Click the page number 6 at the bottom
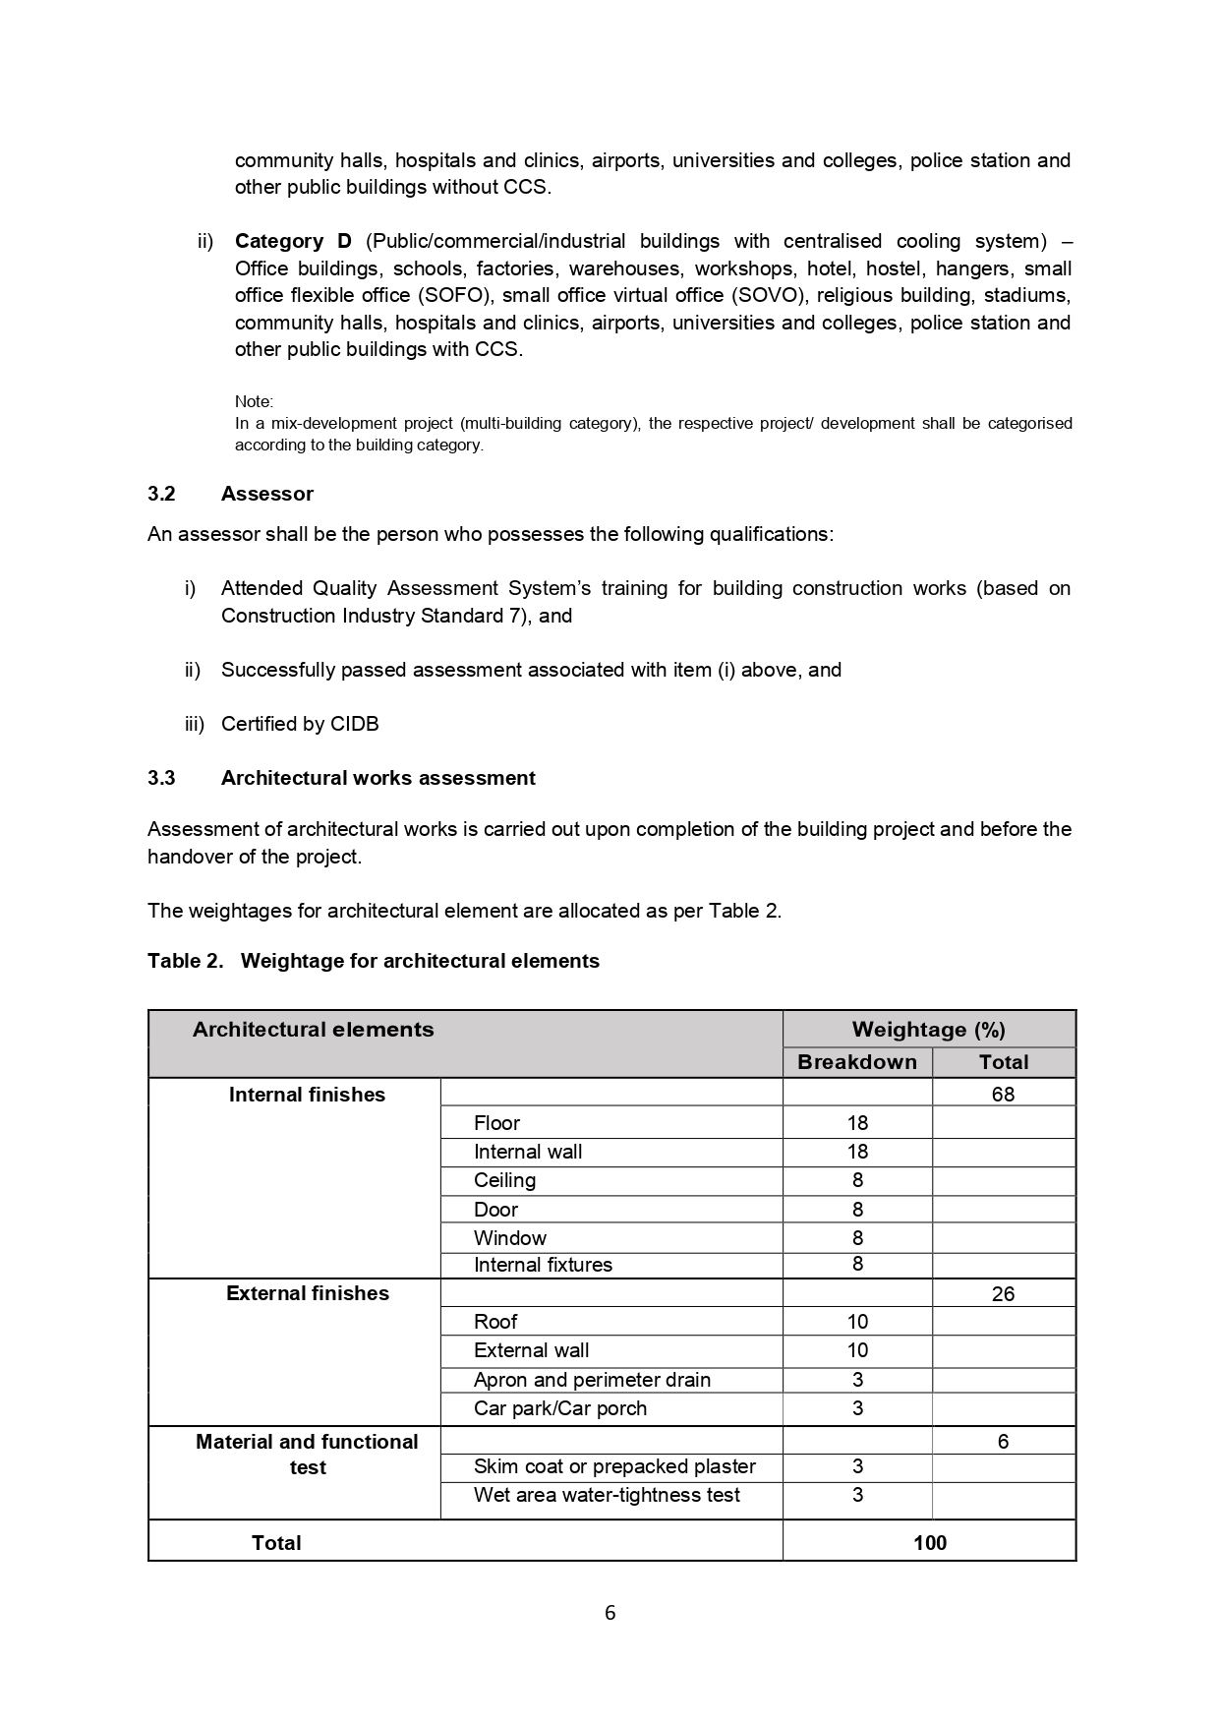[x=610, y=1613]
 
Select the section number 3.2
[x=161, y=494]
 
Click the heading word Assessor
[x=267, y=494]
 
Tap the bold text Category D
[x=293, y=241]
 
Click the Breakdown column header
[x=856, y=1062]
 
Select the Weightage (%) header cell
[x=928, y=1030]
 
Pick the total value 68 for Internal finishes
[x=1003, y=1095]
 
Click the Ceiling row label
[x=504, y=1180]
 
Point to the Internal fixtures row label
[x=543, y=1265]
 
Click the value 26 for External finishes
[x=1003, y=1294]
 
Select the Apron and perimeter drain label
[x=592, y=1380]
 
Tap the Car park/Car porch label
[x=560, y=1408]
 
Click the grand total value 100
[x=929, y=1543]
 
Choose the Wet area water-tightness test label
[x=607, y=1495]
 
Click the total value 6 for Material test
[x=1003, y=1442]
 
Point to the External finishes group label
[x=308, y=1293]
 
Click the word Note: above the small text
[x=254, y=401]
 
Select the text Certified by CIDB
[x=300, y=724]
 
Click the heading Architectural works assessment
[x=378, y=778]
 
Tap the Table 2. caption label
[x=186, y=961]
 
